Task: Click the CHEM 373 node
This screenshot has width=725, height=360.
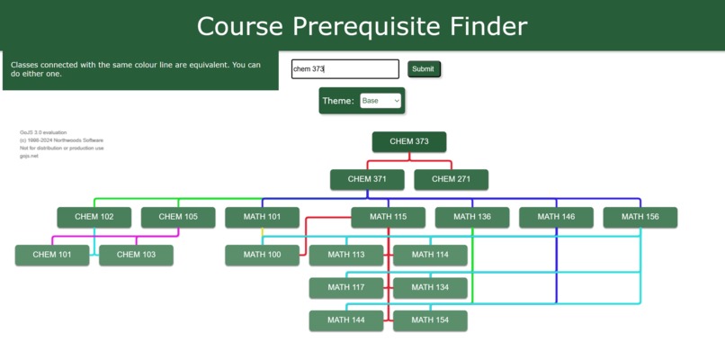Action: click(409, 141)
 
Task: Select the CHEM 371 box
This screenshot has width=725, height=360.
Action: click(367, 179)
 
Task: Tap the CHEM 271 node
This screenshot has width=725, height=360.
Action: click(451, 179)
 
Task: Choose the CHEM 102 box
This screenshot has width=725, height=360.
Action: click(94, 217)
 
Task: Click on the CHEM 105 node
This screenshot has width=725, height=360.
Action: click(178, 217)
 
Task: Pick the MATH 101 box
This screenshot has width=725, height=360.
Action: click(262, 217)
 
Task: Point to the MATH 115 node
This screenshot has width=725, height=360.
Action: click(388, 217)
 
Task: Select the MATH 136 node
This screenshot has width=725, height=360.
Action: click(472, 217)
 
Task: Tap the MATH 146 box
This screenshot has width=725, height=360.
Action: click(556, 217)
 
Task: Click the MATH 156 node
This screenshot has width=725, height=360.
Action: click(640, 217)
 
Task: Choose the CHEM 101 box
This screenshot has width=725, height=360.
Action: click(52, 255)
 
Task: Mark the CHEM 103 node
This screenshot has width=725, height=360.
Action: click(136, 255)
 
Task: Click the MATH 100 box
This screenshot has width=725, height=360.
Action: click(262, 255)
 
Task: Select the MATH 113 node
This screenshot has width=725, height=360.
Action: click(346, 255)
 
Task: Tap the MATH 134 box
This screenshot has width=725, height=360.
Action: click(430, 288)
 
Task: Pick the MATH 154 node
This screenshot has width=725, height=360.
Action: click(430, 320)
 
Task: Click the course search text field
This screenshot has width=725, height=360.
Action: click(345, 69)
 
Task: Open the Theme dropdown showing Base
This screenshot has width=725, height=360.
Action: click(380, 101)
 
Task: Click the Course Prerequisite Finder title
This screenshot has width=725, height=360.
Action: click(362, 26)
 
